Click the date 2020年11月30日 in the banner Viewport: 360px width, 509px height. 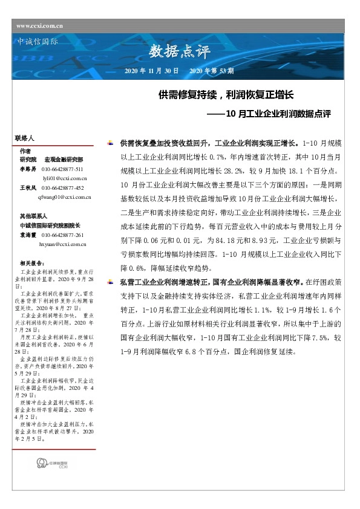[151, 71]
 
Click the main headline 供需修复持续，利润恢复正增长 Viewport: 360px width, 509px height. [226, 96]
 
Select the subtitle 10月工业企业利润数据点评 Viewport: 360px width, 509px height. [278, 112]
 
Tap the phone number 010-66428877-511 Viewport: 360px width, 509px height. [62, 169]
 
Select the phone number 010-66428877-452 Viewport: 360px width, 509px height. [62, 188]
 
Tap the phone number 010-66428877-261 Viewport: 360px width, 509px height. [62, 235]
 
